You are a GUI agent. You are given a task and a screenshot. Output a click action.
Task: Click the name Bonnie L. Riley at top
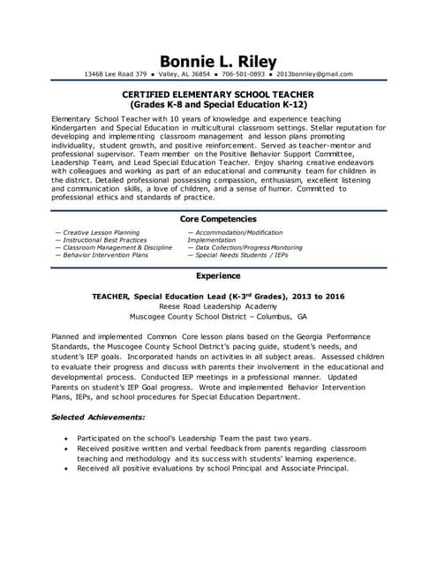pyautogui.click(x=218, y=60)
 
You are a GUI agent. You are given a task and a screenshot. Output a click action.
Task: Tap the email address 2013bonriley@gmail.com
pyautogui.click(x=316, y=74)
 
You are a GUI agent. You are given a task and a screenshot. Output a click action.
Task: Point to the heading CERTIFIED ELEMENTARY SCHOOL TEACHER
pyautogui.click(x=218, y=94)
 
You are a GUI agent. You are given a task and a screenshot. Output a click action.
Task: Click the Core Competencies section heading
pyautogui.click(x=218, y=218)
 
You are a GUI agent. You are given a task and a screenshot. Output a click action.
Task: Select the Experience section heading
pyautogui.click(x=218, y=275)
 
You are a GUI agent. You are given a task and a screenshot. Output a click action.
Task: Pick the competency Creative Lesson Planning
pyautogui.click(x=101, y=232)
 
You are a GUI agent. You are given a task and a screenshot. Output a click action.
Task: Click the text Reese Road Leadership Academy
pyautogui.click(x=218, y=305)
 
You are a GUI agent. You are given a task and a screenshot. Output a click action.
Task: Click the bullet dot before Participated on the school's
pyautogui.click(x=68, y=438)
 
